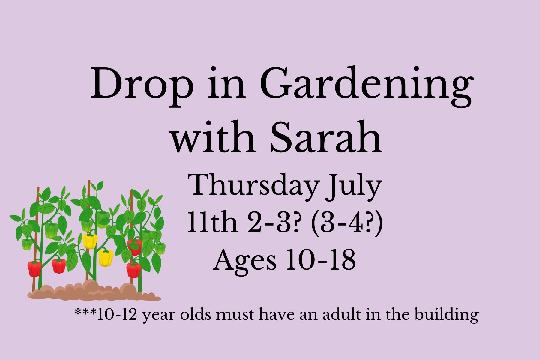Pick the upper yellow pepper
tap(90, 241)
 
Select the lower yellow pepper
tap(106, 258)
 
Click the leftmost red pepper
tap(34, 268)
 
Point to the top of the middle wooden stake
tap(89, 181)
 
